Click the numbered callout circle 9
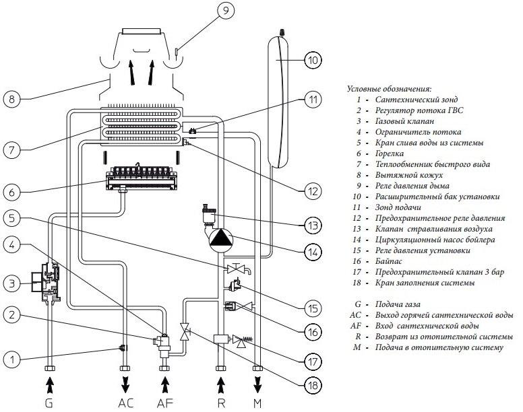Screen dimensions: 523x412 (x=226, y=10)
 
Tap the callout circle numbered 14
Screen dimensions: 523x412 (x=313, y=252)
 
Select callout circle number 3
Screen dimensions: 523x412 (x=12, y=284)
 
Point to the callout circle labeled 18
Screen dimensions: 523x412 (x=313, y=385)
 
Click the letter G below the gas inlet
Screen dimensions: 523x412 (x=49, y=403)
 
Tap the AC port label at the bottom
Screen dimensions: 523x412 (x=126, y=403)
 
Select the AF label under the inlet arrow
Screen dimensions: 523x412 (x=165, y=403)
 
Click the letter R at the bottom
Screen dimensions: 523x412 (x=221, y=403)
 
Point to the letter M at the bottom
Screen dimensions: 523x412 (x=257, y=403)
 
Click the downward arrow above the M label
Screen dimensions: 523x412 (x=257, y=384)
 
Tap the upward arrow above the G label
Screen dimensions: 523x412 (x=49, y=384)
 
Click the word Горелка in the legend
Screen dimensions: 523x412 (x=390, y=153)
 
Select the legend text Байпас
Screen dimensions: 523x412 (x=389, y=261)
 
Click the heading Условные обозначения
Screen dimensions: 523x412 (x=390, y=89)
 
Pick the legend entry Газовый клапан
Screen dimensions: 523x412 (x=404, y=121)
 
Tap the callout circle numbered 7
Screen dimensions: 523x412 (x=12, y=150)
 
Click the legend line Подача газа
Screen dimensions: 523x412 (x=398, y=304)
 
